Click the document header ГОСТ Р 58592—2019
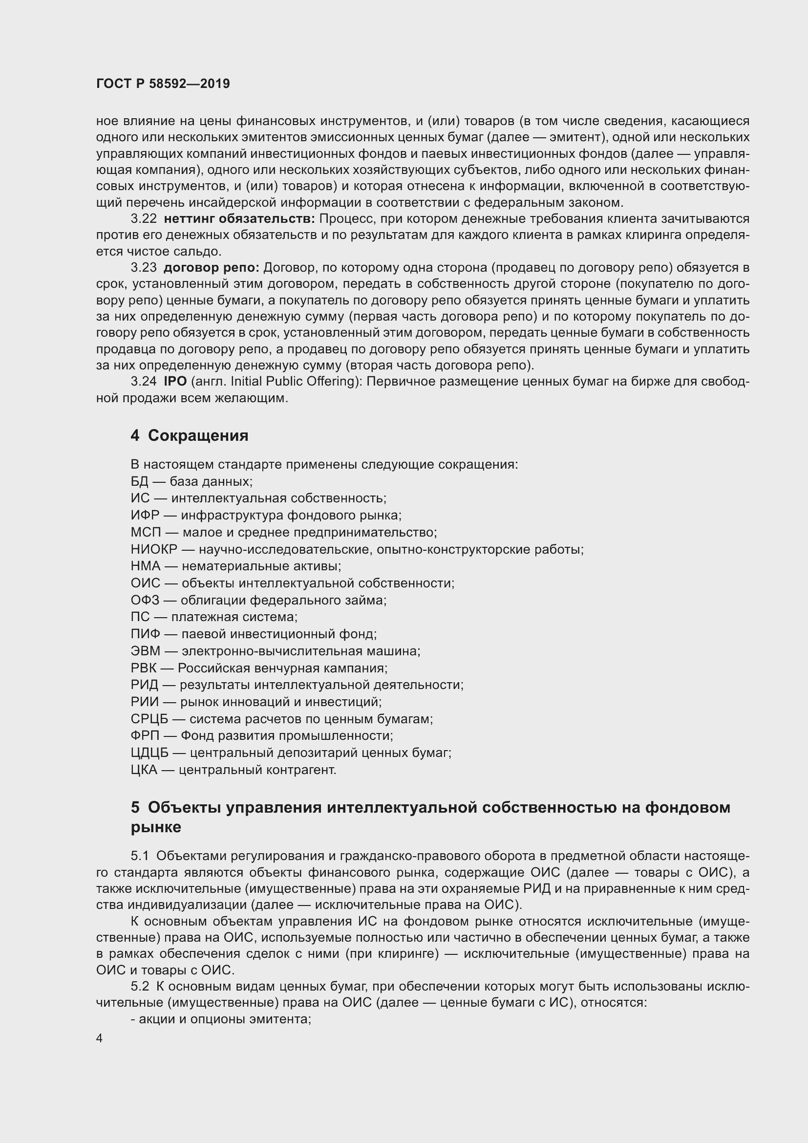[x=163, y=84]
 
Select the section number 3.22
[x=143, y=218]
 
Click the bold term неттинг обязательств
[x=239, y=218]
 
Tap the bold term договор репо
[x=212, y=268]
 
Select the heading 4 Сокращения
[x=189, y=435]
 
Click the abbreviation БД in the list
[x=140, y=481]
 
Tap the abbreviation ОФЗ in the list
[x=145, y=601]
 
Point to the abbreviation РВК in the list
[x=145, y=668]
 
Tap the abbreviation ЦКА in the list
[x=144, y=770]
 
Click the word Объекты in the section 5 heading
[x=184, y=807]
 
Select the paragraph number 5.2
[x=140, y=987]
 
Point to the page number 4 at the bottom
[x=100, y=1038]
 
